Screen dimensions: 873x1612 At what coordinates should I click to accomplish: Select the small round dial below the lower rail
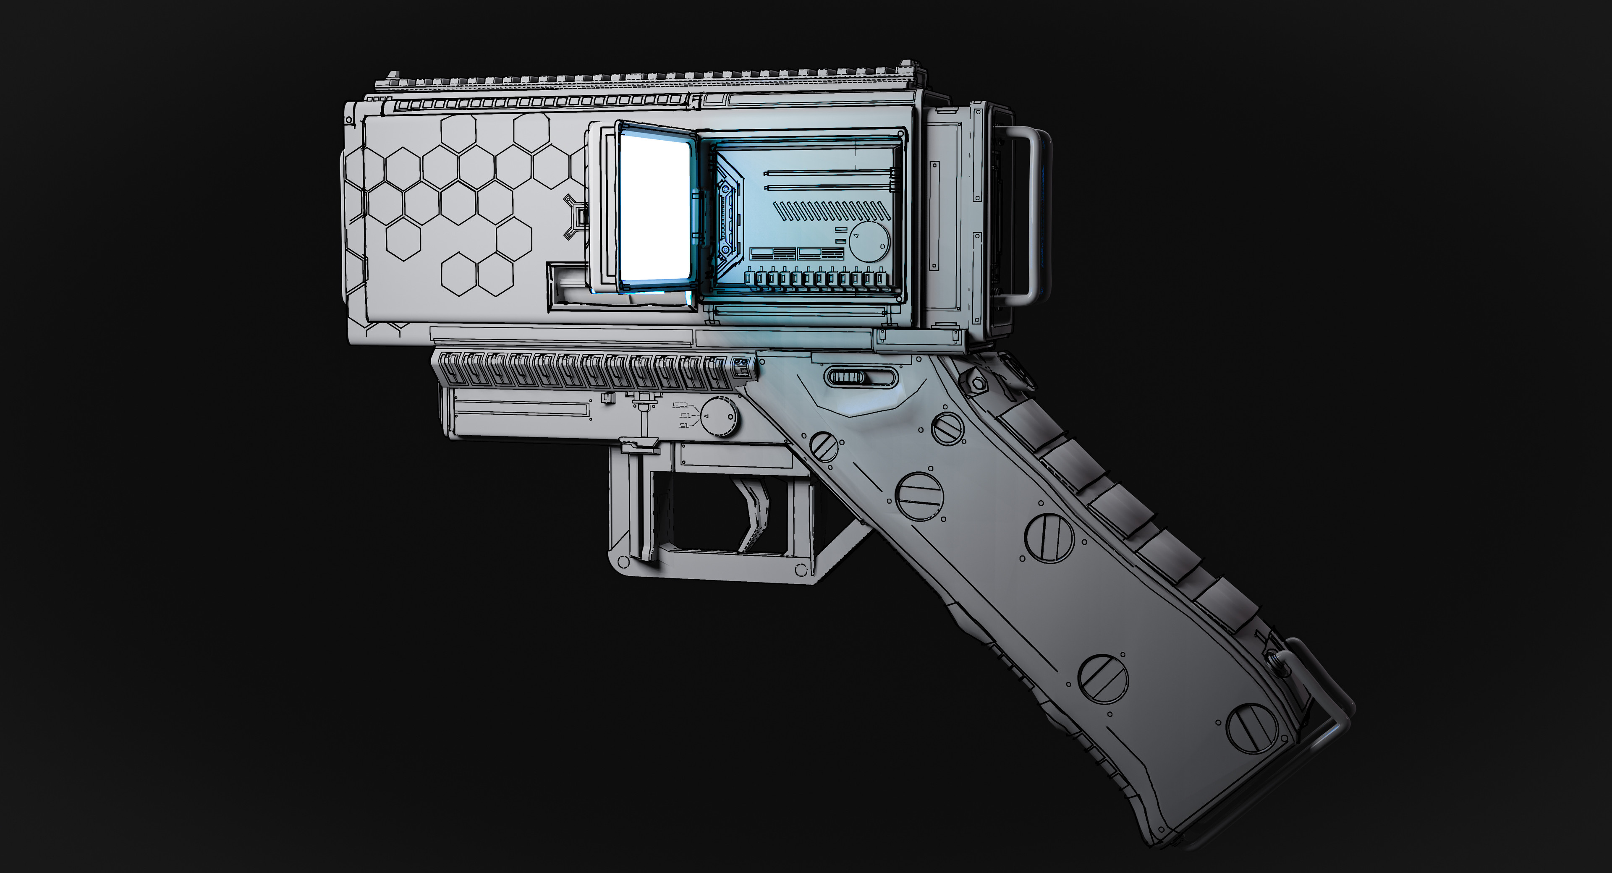point(718,416)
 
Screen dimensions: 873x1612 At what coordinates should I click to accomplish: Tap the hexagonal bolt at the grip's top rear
point(977,382)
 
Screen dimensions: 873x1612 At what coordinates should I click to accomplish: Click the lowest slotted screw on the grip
point(1251,728)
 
